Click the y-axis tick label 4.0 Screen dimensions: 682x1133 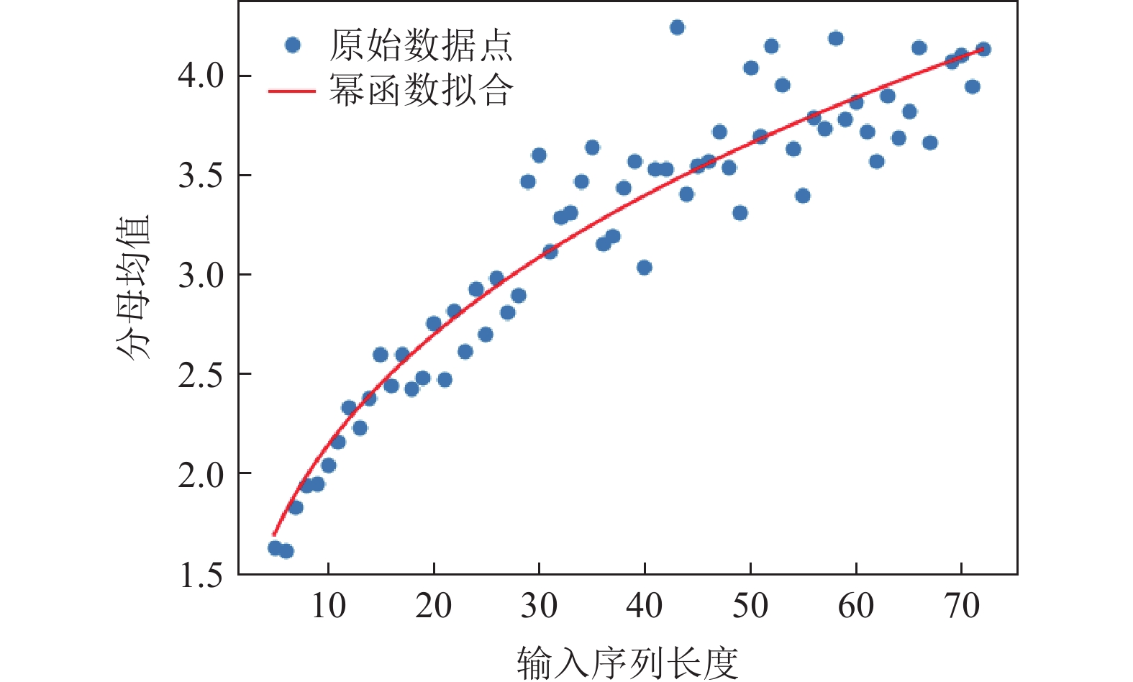[x=201, y=76]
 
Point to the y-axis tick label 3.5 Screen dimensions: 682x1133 [x=201, y=176]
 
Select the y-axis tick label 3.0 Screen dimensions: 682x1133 [x=201, y=275]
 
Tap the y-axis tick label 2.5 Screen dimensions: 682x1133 [x=201, y=375]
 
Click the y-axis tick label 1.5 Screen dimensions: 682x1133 [x=201, y=575]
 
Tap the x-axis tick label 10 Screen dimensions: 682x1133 [x=328, y=606]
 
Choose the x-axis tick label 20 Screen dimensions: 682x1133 [x=434, y=606]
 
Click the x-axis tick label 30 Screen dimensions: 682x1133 [x=539, y=606]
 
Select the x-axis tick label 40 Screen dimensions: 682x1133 [x=645, y=606]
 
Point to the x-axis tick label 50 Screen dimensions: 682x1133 [x=750, y=606]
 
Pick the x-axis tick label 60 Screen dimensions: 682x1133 [x=855, y=606]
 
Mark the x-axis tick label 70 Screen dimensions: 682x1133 [x=961, y=606]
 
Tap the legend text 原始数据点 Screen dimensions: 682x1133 [x=421, y=45]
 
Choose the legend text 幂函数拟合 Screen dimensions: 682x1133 [x=421, y=91]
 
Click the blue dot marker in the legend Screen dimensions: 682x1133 [x=292, y=45]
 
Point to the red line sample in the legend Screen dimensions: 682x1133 [x=291, y=91]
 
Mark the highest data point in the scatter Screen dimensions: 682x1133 [x=677, y=27]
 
